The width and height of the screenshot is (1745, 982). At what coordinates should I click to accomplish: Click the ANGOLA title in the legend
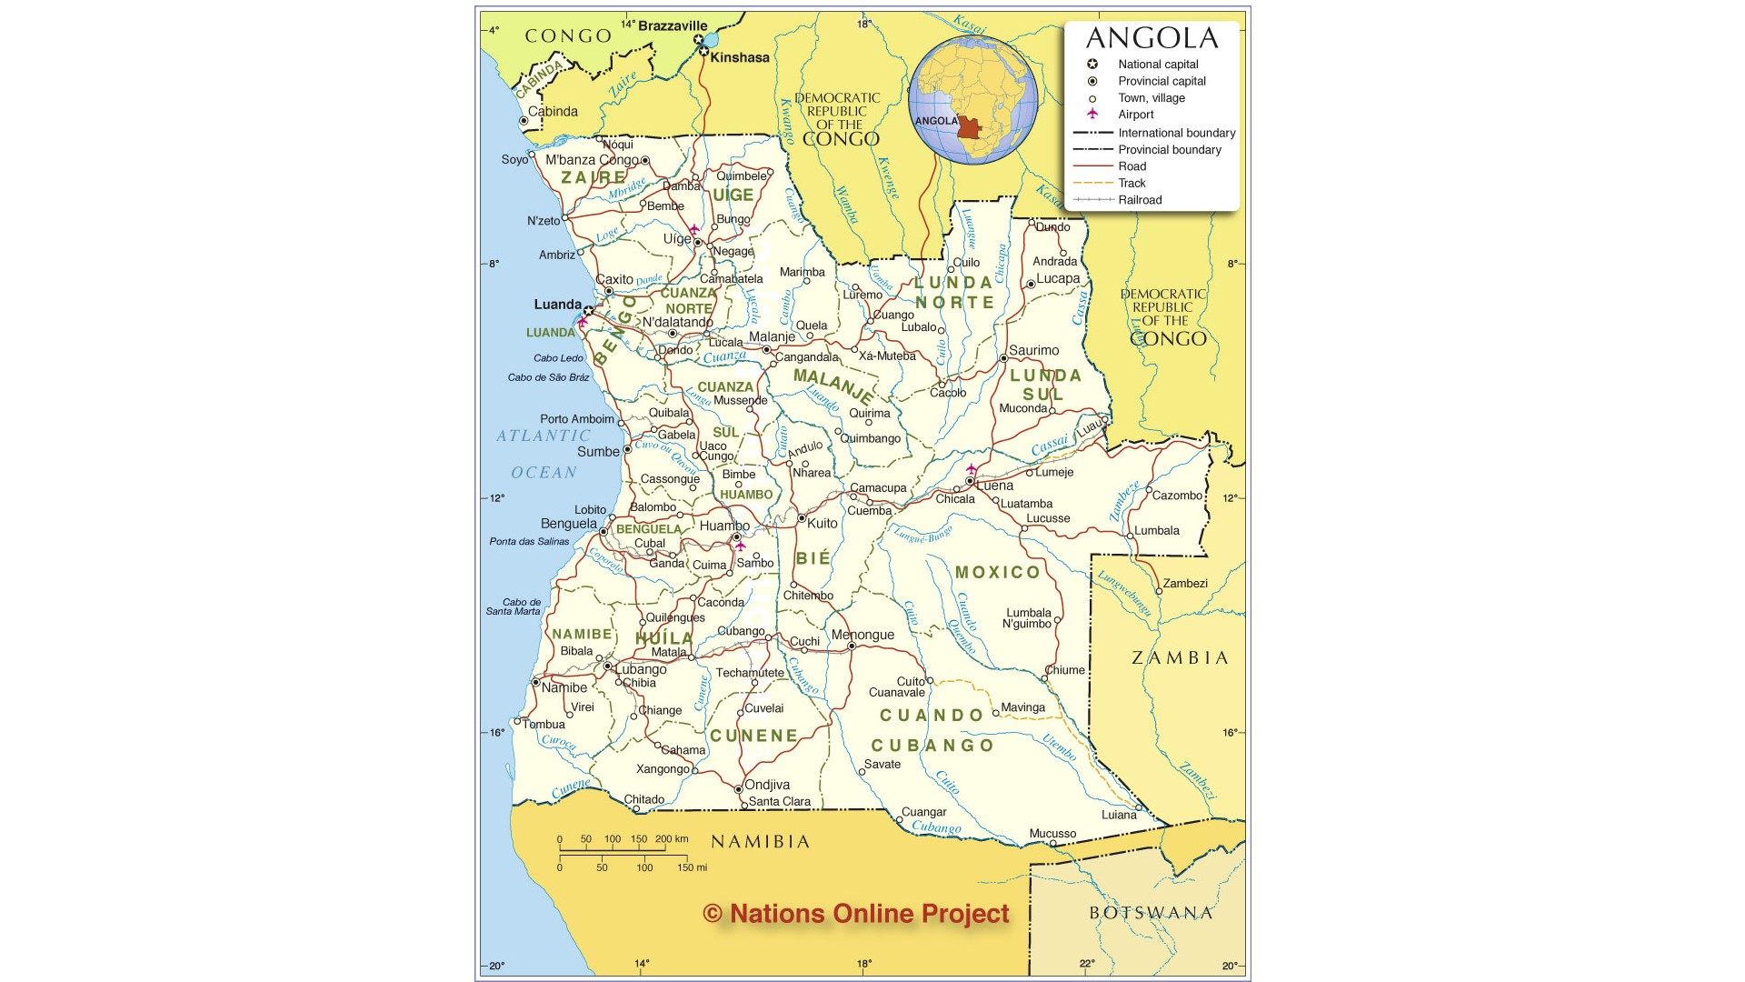(1152, 38)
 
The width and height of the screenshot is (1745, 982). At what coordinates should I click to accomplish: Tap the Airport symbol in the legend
(1092, 115)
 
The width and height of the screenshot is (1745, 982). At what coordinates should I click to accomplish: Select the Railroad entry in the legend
(1140, 200)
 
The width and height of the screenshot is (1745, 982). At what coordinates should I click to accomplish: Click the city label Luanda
(557, 305)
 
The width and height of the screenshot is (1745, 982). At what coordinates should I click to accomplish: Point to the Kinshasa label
(739, 57)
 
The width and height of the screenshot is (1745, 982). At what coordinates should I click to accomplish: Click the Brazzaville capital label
(672, 26)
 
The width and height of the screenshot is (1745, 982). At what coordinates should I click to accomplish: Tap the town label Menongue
(863, 635)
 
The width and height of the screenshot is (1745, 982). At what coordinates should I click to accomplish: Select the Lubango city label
(641, 669)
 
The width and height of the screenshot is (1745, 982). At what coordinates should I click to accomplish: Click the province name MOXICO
(997, 572)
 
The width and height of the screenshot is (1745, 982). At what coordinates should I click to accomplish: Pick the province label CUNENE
(753, 736)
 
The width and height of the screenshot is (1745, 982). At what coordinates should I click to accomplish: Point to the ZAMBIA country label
(1180, 657)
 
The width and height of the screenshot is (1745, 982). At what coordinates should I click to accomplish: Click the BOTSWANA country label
(1151, 913)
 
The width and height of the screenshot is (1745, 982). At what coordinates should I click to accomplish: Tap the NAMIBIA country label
(760, 842)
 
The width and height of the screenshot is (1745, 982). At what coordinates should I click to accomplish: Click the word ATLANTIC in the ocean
(543, 436)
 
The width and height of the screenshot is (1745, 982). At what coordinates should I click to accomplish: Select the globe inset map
(973, 100)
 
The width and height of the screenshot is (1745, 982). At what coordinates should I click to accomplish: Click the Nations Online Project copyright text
(856, 914)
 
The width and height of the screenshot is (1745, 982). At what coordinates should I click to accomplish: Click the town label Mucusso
(1052, 834)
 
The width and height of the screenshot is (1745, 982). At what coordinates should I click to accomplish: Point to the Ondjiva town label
(767, 785)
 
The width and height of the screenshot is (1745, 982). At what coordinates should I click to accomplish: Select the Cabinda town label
(553, 112)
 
